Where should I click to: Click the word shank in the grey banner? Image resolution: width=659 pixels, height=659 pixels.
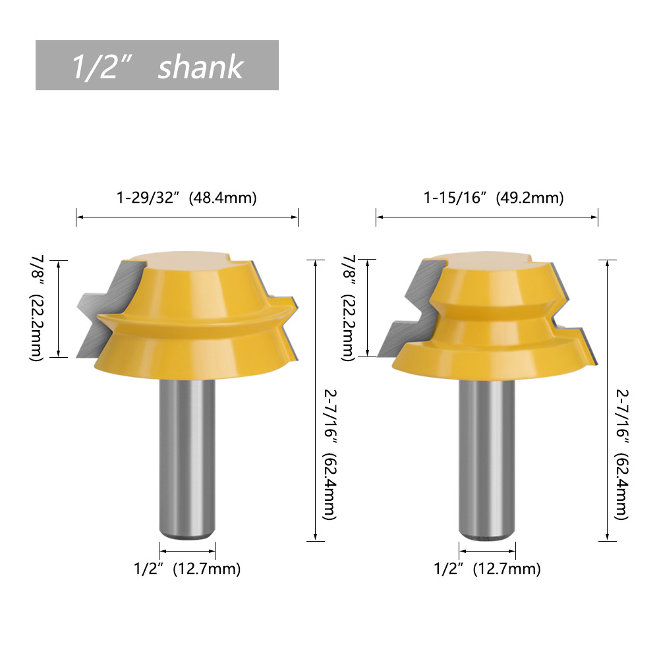(x=200, y=67)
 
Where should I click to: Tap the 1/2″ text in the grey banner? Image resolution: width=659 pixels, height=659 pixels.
(x=101, y=67)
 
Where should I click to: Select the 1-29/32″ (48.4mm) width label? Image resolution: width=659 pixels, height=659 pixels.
(x=186, y=198)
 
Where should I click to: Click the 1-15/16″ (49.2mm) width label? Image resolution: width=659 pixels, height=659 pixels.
(x=494, y=198)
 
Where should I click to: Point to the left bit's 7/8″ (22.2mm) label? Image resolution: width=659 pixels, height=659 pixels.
(x=37, y=308)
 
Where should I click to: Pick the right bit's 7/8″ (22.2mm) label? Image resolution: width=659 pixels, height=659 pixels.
(x=349, y=308)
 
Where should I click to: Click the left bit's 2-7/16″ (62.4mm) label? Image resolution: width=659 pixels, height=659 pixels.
(x=330, y=454)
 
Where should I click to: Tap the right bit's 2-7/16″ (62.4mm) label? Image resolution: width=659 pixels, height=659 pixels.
(x=622, y=454)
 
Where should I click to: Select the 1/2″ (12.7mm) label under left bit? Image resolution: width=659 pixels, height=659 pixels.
(x=187, y=569)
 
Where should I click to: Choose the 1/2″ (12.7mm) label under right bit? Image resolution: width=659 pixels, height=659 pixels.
(x=487, y=569)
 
